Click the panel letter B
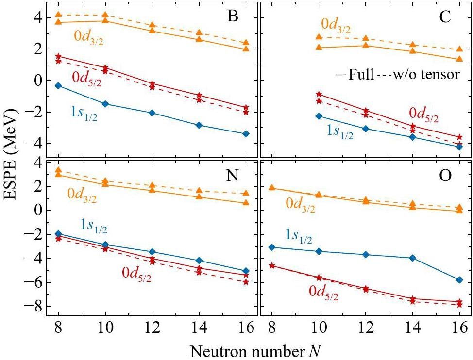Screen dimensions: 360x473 [233, 17]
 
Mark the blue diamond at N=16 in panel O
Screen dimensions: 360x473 [459, 280]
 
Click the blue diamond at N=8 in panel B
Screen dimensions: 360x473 [58, 85]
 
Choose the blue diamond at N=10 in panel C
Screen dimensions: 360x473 [319, 116]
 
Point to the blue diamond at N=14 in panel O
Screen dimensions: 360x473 [413, 258]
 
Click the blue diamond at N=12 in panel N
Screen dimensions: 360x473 [152, 252]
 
